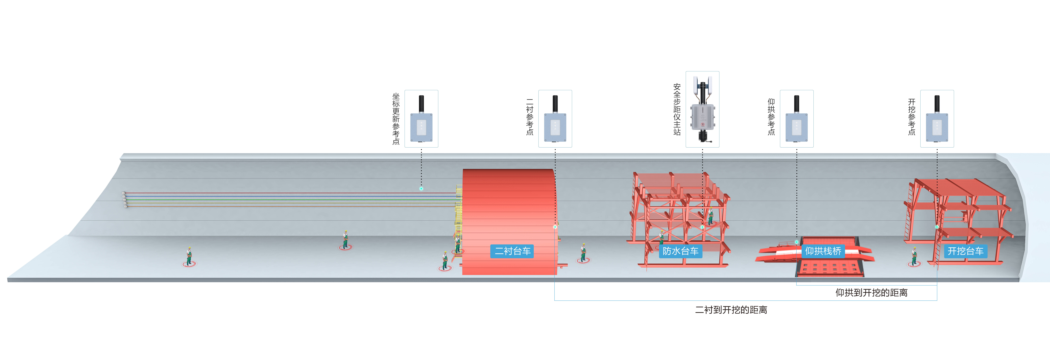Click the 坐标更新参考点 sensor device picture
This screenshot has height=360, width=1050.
421,119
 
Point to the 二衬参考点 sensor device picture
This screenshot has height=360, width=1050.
555,119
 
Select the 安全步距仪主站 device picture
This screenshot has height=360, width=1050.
702,109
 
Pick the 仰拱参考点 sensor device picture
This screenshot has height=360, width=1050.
796,119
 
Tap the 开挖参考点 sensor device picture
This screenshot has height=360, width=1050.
937,119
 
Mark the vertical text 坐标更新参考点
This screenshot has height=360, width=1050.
396,119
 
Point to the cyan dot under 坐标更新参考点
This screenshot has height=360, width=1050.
421,188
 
